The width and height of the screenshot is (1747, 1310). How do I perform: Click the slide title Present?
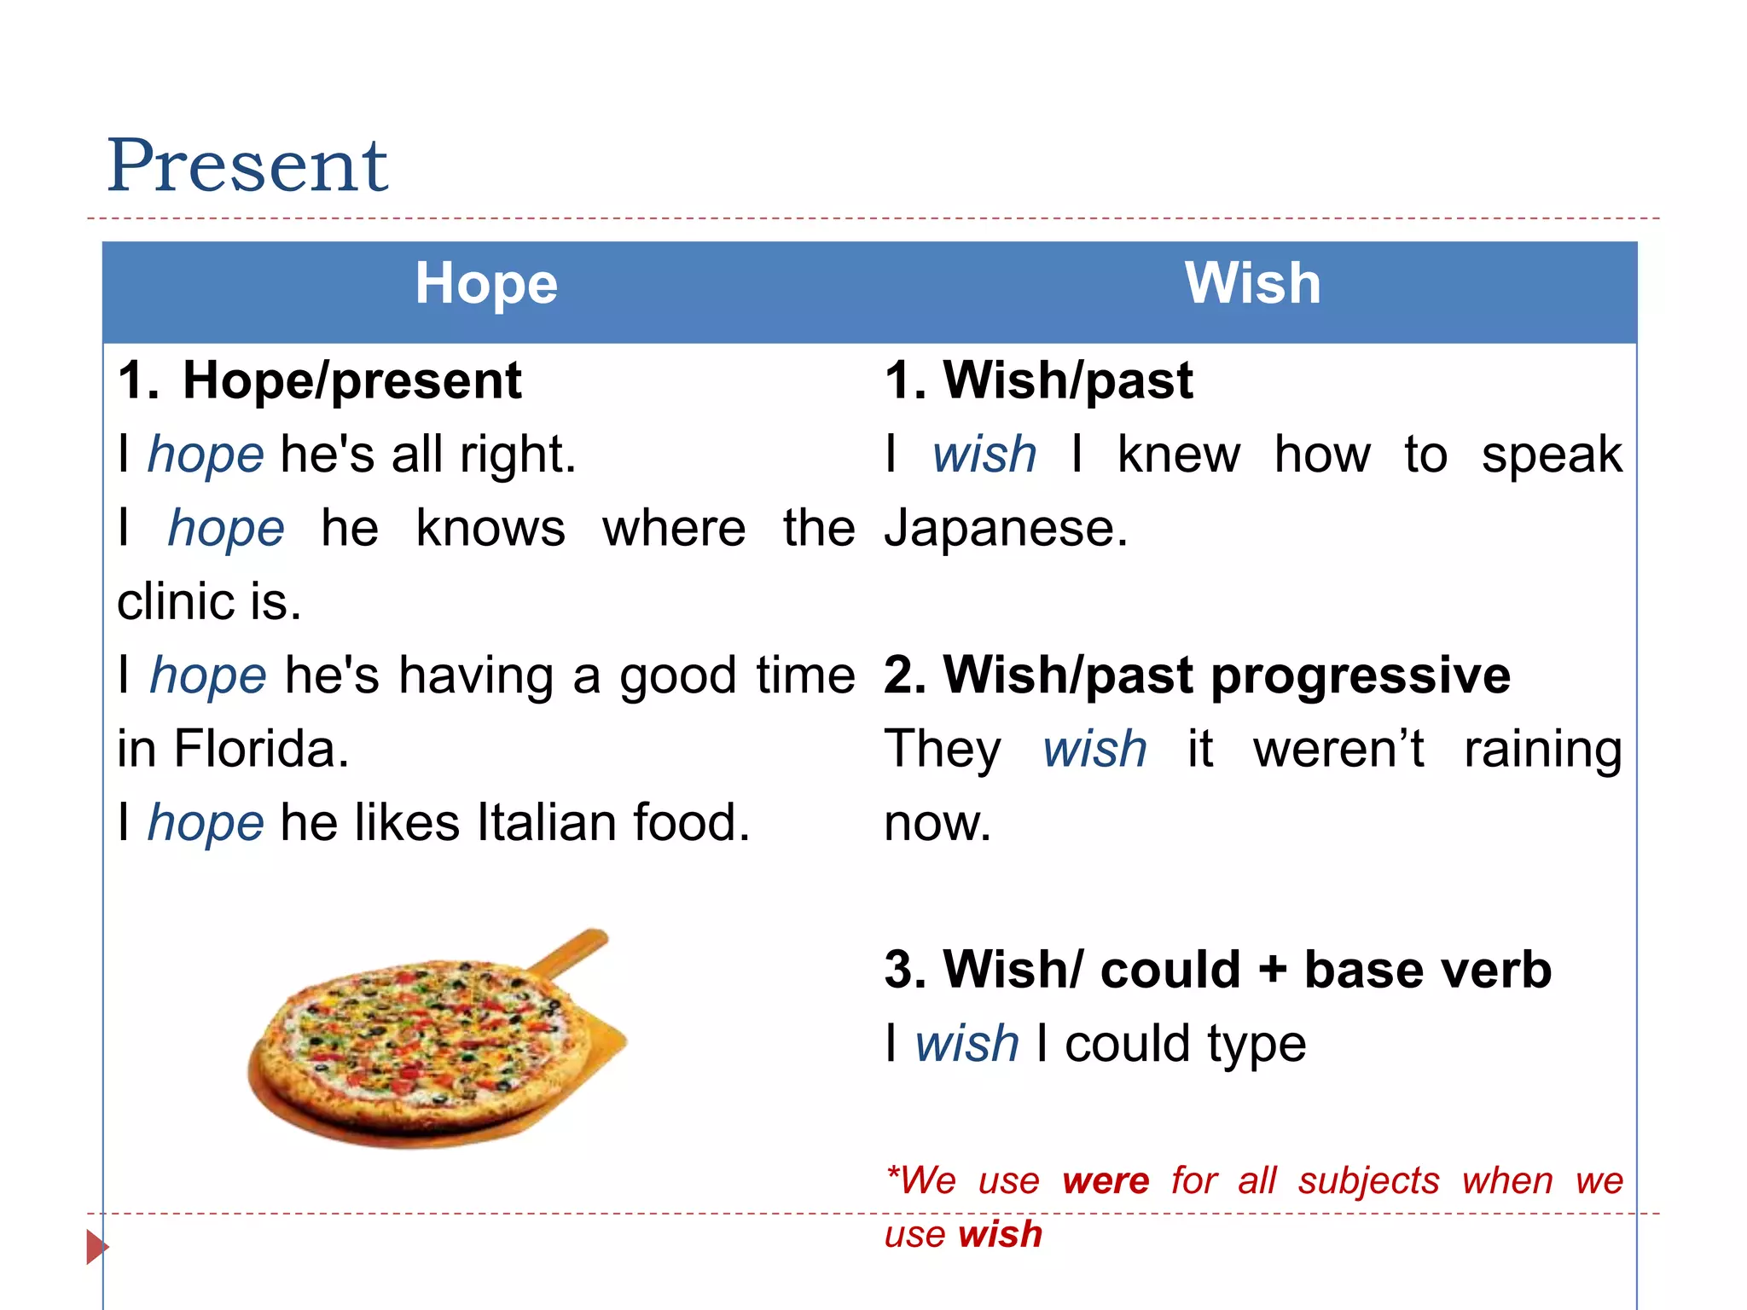[247, 165]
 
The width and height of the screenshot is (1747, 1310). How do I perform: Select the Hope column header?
[486, 283]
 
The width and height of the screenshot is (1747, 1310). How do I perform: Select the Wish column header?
[1252, 283]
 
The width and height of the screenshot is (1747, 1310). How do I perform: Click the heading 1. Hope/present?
[320, 380]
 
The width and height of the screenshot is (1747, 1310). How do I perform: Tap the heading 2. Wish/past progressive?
[1197, 675]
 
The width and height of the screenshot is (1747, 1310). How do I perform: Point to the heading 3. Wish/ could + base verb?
[1217, 970]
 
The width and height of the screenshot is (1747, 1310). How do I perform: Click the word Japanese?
[1005, 529]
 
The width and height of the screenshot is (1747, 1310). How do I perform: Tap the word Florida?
[261, 750]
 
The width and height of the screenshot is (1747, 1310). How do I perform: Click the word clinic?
[176, 602]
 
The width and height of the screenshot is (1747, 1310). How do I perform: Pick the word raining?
[1542, 750]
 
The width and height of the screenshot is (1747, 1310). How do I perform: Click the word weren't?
[1338, 750]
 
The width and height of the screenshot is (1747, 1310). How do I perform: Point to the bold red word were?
[1106, 1181]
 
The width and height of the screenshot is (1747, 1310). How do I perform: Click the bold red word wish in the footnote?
[1000, 1235]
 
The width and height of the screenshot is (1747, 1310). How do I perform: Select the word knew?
[1179, 455]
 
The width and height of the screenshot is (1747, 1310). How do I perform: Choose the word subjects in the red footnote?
[1368, 1181]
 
